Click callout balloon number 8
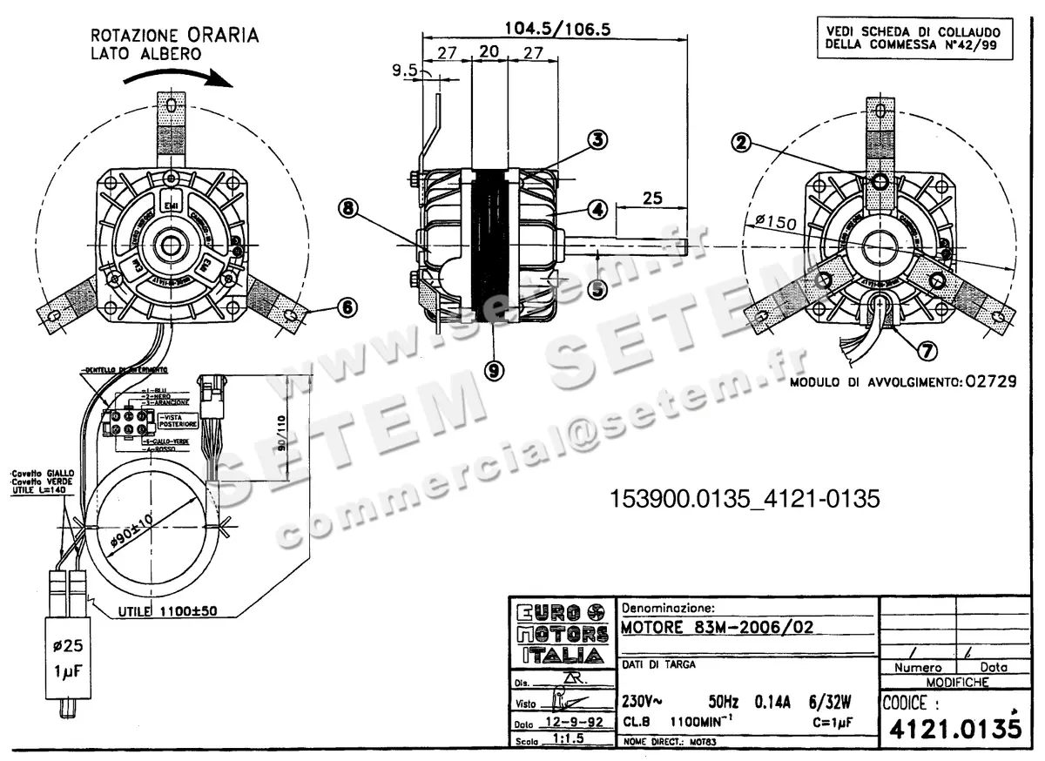(348, 208)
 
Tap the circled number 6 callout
(347, 306)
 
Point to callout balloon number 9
(495, 370)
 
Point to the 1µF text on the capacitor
(68, 672)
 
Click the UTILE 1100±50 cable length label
(167, 611)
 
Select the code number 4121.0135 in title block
(951, 726)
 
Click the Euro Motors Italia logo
(562, 633)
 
